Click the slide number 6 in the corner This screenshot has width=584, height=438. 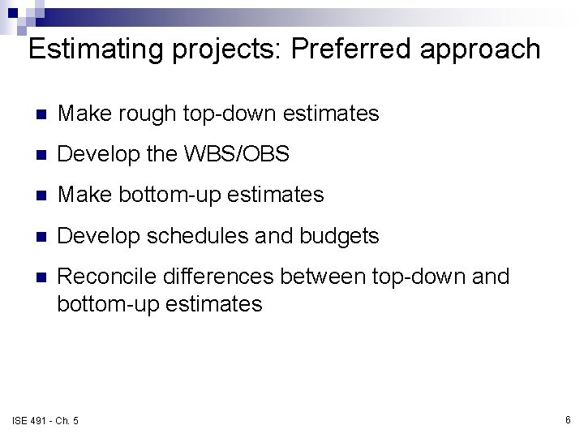(568, 419)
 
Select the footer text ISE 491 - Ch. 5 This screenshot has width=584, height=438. (45, 420)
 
